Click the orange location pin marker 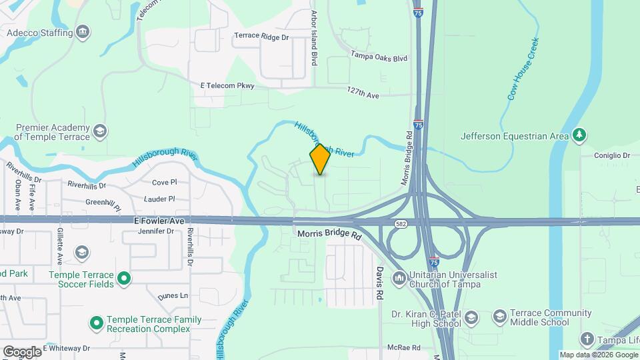pos(320,159)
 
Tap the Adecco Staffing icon pos(83,32)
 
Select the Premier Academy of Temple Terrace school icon pos(100,130)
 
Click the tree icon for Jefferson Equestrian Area pos(580,135)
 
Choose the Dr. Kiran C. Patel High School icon pos(471,317)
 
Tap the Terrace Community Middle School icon pos(500,316)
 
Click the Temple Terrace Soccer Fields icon pos(124,279)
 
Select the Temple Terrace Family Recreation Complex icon pos(97,324)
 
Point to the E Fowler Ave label pos(159,220)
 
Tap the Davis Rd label pos(379,283)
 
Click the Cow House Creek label pos(523,69)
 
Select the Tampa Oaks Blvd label pos(379,58)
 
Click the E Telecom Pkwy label pos(227,85)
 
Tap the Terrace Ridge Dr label pos(261,37)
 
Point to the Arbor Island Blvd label pos(314,37)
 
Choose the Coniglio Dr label pos(613,155)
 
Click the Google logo pos(22,351)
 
